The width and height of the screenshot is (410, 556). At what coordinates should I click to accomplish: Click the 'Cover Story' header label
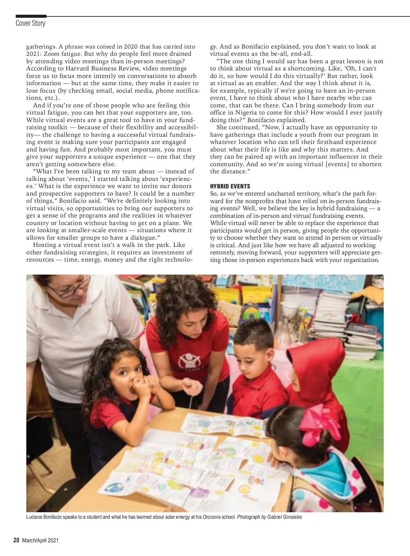click(30, 23)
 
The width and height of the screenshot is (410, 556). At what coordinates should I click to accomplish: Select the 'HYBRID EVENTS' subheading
click(230, 186)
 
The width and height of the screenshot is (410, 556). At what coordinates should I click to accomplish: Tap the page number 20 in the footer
click(16, 540)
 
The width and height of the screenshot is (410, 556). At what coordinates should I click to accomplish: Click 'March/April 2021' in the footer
click(40, 541)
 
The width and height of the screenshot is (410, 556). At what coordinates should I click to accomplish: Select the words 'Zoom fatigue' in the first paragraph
click(65, 54)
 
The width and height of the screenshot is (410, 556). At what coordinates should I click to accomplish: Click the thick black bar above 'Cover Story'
click(31, 16)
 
